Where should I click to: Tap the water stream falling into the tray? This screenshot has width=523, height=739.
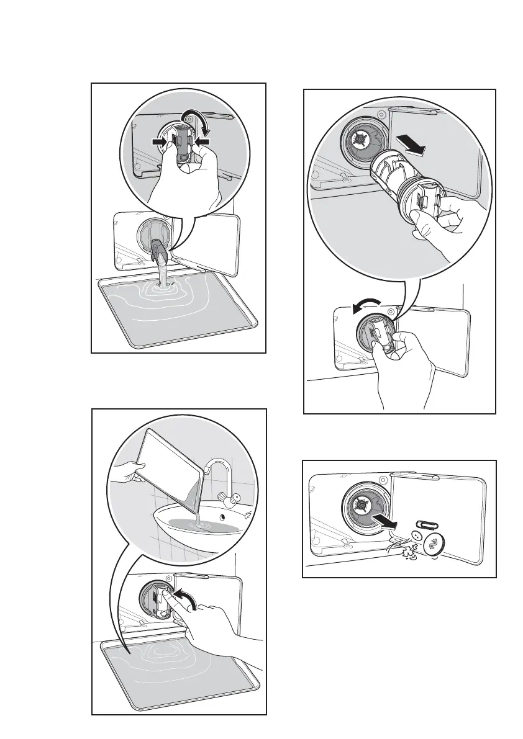(163, 272)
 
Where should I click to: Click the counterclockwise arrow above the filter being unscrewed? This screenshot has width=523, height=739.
(372, 305)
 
